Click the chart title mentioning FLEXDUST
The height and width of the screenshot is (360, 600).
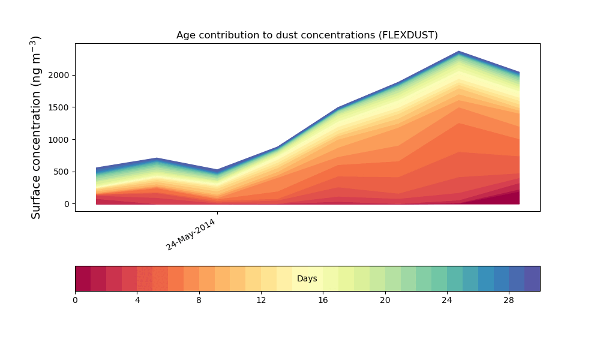pyautogui.click(x=307, y=35)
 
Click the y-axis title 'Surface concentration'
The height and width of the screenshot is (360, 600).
pyautogui.click(x=36, y=127)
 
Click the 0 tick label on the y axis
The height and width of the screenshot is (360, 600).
pyautogui.click(x=67, y=204)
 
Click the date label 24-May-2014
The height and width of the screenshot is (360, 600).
pyautogui.click(x=191, y=235)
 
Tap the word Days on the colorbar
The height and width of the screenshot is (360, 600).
pyautogui.click(x=307, y=279)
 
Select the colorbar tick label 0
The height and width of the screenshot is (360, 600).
pyautogui.click(x=75, y=299)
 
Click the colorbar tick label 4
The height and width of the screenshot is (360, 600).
pyautogui.click(x=137, y=299)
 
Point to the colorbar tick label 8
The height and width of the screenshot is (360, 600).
pyautogui.click(x=199, y=299)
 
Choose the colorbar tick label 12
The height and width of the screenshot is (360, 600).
pyautogui.click(x=261, y=299)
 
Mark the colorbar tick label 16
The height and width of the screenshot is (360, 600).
pyautogui.click(x=323, y=299)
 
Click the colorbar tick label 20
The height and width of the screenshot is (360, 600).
pyautogui.click(x=385, y=299)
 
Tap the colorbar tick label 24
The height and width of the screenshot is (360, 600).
pyautogui.click(x=447, y=299)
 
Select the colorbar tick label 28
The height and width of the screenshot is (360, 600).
pyautogui.click(x=509, y=299)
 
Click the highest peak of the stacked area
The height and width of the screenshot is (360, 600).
pyautogui.click(x=459, y=52)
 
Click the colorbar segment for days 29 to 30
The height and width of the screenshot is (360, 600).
pyautogui.click(x=532, y=278)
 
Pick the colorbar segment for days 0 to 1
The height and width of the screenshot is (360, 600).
pyautogui.click(x=83, y=278)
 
